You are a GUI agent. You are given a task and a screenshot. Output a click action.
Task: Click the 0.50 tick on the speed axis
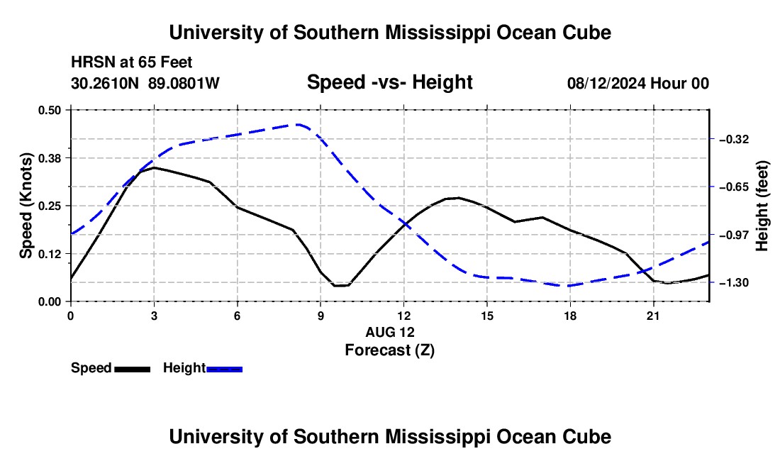point(49,110)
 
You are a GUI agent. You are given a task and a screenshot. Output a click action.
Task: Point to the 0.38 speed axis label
point(49,158)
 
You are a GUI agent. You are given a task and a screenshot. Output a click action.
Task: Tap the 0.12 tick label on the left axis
point(49,254)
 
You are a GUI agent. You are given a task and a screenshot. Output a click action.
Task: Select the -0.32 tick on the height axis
point(734,139)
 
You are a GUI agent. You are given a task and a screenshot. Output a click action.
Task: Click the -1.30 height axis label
point(734,282)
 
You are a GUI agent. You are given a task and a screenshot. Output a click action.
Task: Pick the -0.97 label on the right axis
point(734,235)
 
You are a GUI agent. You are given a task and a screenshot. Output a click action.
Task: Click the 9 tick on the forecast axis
point(321,316)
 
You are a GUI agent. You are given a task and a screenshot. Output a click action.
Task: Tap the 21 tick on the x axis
point(653,316)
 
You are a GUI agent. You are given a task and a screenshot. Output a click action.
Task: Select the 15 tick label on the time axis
point(487,316)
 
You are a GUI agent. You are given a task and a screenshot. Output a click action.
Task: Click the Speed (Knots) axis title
point(26,206)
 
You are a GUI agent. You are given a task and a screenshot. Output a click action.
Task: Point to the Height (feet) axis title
point(762,206)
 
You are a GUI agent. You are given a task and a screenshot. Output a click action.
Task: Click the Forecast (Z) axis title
point(390,350)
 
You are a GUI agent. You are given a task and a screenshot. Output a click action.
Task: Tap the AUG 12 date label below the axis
point(390,332)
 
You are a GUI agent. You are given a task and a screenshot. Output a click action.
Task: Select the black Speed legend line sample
point(133,369)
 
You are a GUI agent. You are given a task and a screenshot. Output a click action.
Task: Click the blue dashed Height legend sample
point(224,369)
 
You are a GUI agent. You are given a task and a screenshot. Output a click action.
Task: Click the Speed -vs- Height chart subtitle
point(390,82)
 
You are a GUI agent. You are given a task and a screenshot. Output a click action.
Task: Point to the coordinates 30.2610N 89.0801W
point(145,83)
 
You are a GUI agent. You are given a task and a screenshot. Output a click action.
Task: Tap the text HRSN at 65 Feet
point(132,62)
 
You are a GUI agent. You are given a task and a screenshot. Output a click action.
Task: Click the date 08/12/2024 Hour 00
point(638,83)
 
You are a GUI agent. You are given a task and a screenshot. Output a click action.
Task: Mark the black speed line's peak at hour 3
point(154,167)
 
